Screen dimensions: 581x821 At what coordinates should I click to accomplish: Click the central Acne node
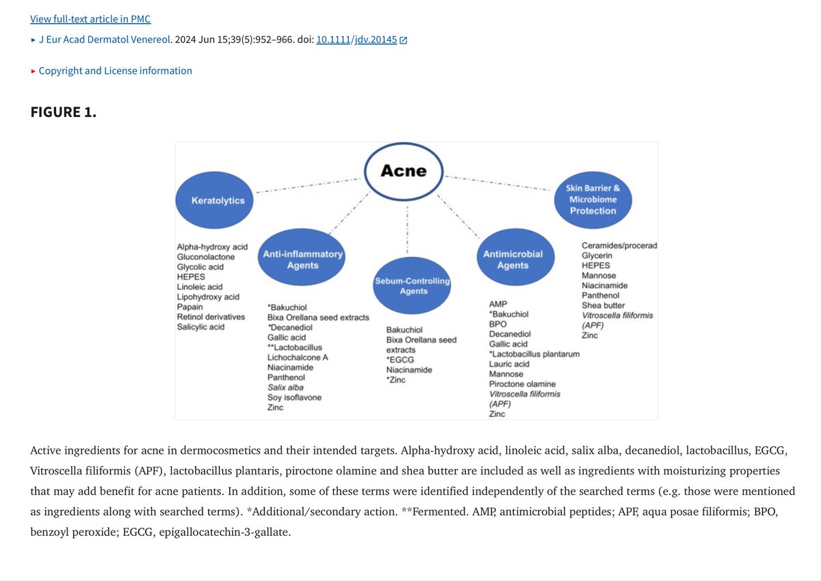[x=404, y=171]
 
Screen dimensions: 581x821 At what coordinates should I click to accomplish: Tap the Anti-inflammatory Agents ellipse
[x=302, y=259]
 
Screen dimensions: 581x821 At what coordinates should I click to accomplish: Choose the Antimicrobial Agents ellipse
[x=512, y=259]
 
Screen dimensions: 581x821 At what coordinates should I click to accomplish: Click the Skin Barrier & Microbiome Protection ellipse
[x=592, y=199]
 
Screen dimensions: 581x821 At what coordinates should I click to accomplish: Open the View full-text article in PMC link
[x=90, y=18]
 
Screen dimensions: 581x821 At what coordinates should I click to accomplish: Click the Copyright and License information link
[x=115, y=70]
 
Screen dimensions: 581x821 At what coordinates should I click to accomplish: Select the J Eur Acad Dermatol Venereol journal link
[x=103, y=40]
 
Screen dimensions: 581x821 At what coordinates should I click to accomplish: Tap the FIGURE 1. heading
[x=64, y=112]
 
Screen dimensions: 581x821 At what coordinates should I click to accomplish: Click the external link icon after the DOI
[x=404, y=40]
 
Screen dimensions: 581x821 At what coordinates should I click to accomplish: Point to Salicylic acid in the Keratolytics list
[x=200, y=327]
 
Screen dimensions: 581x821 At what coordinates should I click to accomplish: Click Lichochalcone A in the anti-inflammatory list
[x=298, y=357]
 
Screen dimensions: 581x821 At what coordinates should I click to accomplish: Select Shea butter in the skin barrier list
[x=603, y=306]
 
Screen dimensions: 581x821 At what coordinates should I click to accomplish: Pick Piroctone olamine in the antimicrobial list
[x=522, y=384]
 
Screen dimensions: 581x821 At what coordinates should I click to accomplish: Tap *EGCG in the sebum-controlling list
[x=400, y=360]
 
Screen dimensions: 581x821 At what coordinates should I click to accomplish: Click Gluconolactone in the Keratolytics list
[x=205, y=257]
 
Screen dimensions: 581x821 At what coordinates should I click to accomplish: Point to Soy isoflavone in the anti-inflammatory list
[x=294, y=398]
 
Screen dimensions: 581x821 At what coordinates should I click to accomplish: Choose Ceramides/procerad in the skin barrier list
[x=619, y=245]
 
